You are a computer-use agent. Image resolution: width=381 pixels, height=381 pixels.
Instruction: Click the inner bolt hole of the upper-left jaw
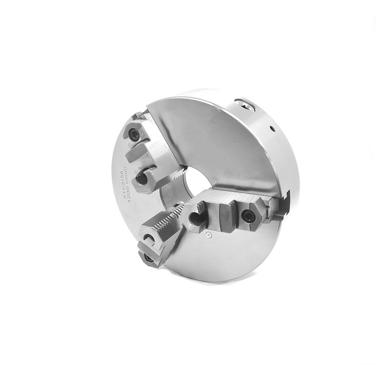pos(142,179)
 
